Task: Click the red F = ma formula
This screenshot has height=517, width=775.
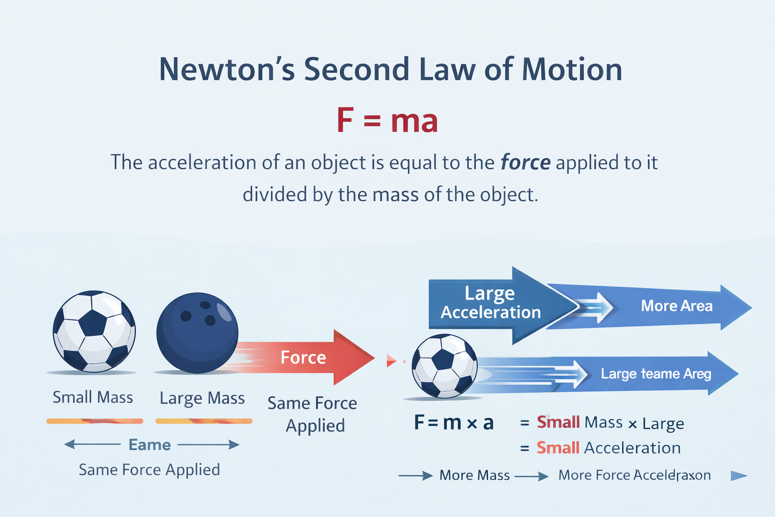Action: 387,121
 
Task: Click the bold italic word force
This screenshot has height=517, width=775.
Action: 525,163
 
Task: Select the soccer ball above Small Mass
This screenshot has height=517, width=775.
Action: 94,331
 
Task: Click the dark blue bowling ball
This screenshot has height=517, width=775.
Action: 197,333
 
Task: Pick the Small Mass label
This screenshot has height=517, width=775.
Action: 93,397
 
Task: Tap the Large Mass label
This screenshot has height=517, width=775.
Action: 202,398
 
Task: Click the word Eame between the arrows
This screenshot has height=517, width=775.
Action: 150,445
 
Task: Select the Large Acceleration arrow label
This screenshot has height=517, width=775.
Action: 490,303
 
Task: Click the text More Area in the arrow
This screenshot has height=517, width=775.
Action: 677,306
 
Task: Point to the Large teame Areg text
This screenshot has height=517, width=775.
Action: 656,374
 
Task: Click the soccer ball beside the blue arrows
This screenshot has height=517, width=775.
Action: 444,366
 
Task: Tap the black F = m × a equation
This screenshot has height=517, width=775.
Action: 453,423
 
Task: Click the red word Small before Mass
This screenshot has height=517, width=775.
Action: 558,422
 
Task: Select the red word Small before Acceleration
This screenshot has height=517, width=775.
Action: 558,448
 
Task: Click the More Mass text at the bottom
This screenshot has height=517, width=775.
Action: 474,475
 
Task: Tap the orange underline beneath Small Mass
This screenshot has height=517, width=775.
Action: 94,421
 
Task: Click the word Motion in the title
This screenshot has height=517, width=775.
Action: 572,69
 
